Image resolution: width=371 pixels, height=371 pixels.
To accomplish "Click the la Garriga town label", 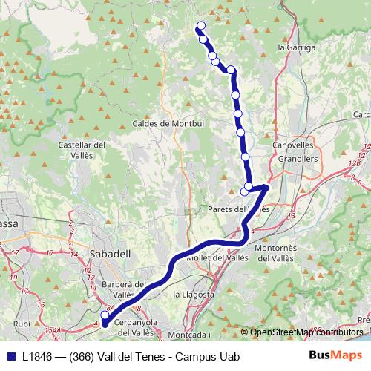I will [296, 47].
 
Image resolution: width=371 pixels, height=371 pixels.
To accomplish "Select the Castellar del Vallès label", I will [82, 150].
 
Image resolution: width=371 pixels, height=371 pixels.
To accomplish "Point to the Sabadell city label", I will [109, 253].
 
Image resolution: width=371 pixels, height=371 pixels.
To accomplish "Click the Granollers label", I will [298, 159].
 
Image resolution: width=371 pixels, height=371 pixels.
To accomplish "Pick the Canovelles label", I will [295, 145].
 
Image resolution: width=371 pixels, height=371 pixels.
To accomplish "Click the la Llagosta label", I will [193, 294].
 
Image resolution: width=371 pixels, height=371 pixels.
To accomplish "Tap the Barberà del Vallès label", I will [125, 289].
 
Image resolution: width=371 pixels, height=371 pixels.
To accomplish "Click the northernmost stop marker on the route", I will [200, 27].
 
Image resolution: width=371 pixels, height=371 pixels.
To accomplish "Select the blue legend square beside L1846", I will [10, 356].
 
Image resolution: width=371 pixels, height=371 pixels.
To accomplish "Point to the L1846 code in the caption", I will [37, 356].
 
